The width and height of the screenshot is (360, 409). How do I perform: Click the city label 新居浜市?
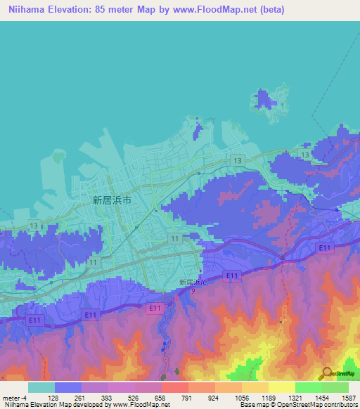click(x=112, y=200)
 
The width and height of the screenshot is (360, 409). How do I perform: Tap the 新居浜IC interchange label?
click(x=193, y=282)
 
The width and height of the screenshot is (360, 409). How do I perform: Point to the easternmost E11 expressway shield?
click(x=323, y=247)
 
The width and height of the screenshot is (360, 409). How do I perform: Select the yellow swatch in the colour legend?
click(x=282, y=387)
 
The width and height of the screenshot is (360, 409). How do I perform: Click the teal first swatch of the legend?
click(x=41, y=387)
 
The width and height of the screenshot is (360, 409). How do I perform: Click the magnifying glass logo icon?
click(x=326, y=374)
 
